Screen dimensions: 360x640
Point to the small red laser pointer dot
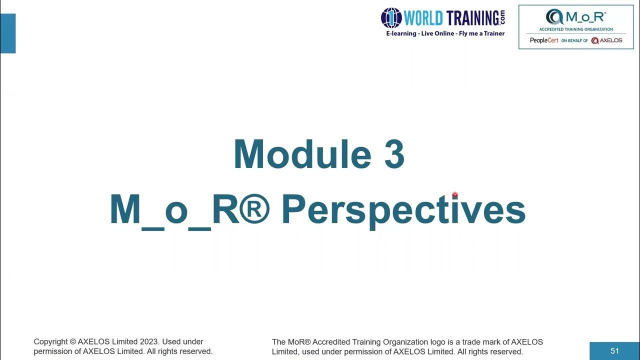[x=455, y=195]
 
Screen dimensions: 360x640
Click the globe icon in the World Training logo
[x=391, y=18]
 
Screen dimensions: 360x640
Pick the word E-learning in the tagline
[x=401, y=33]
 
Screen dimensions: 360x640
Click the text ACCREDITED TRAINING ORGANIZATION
[x=576, y=29]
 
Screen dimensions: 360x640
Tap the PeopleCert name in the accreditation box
[x=544, y=40]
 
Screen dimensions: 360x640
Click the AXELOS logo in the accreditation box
[x=606, y=40]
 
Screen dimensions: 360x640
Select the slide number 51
[x=614, y=351]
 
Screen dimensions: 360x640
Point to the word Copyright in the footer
[x=51, y=342]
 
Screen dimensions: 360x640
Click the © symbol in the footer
[x=73, y=342]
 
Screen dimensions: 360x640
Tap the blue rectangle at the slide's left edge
[x=8, y=33]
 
